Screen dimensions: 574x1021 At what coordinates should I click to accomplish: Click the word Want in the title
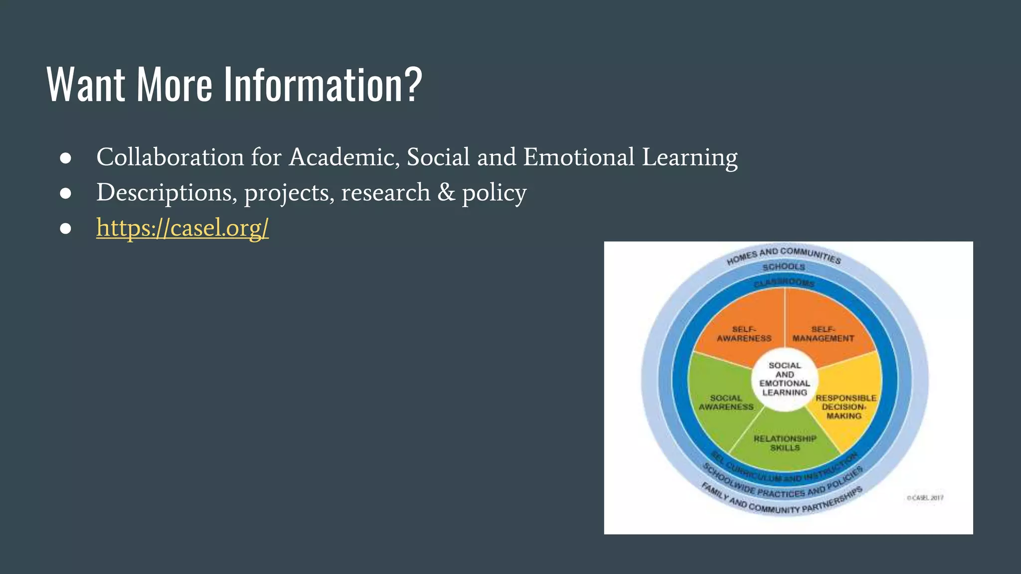[x=86, y=85]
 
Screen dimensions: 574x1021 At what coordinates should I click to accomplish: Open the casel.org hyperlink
[x=182, y=228]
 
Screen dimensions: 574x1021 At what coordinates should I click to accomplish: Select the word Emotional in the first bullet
[x=578, y=157]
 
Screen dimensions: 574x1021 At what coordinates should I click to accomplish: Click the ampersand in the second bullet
[x=446, y=192]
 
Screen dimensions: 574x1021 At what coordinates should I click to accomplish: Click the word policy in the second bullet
[x=494, y=193]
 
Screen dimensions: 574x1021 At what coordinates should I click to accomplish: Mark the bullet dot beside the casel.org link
[x=65, y=228]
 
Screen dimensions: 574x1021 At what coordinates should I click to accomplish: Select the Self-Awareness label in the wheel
[x=744, y=334]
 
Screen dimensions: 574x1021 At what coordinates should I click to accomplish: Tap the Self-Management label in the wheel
[x=823, y=334]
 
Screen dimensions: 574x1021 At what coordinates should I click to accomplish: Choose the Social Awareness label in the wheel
[x=726, y=403]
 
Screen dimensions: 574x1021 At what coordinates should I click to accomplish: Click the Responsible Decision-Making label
[x=846, y=407]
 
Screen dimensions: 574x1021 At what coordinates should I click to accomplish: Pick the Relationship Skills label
[x=785, y=443]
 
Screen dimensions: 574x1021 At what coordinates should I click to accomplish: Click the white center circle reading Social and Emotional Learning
[x=785, y=379]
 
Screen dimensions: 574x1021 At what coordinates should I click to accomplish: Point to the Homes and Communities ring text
[x=784, y=255]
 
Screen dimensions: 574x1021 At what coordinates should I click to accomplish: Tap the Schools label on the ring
[x=784, y=267]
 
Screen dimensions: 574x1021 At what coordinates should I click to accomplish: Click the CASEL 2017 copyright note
[x=925, y=498]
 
